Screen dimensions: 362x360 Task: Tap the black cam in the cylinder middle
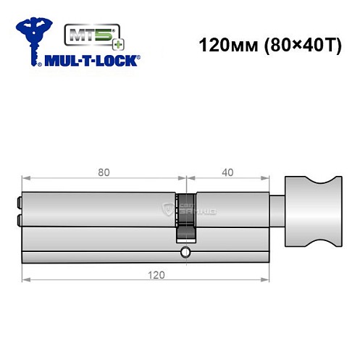pos(186,217)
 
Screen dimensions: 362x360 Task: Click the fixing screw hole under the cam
pos(186,253)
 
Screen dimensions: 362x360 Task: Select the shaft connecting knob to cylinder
pos(278,213)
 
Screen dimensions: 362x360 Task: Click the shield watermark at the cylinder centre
pos(172,210)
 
